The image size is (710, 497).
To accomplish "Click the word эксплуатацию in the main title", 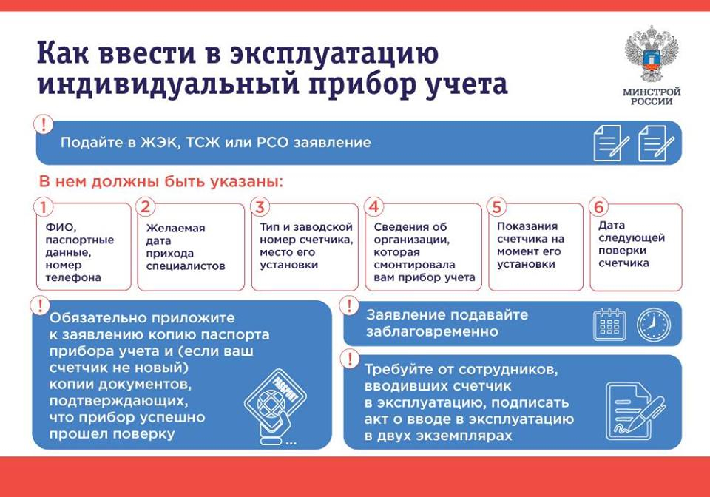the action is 334,54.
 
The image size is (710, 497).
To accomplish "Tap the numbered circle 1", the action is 44,207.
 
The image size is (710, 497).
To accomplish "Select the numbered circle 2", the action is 146,207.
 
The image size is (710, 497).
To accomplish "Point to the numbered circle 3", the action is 260,207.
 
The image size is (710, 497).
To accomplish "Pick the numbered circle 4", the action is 373,207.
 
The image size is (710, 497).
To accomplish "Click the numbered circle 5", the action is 497,207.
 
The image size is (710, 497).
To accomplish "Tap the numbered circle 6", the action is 598,207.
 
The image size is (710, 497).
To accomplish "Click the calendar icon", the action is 609,325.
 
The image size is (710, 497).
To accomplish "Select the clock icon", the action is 653,325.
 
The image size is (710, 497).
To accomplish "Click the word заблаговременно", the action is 432,331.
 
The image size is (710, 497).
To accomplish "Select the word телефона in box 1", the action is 73,277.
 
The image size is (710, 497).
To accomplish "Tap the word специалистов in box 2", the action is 186,266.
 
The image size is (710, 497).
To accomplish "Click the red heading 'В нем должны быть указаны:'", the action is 160,181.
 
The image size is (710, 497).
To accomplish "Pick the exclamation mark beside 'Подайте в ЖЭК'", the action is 44,124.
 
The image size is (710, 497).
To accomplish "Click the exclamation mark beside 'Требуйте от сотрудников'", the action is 350,359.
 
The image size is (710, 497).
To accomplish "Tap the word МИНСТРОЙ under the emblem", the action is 652,92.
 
